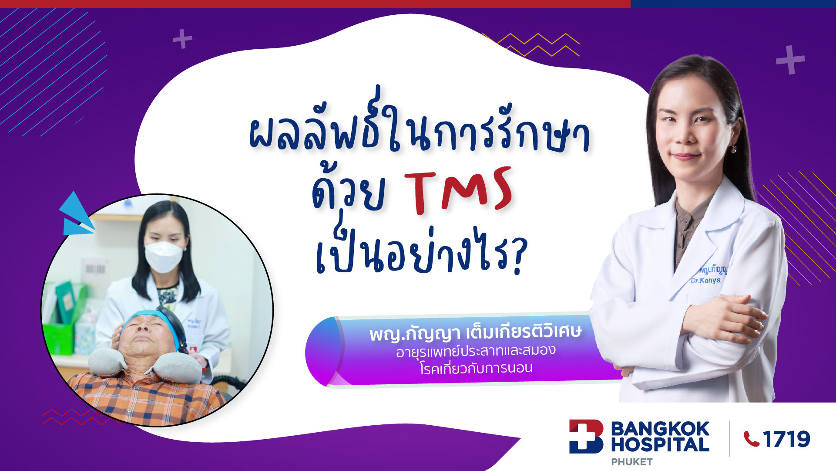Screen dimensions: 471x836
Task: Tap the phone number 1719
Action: (786, 439)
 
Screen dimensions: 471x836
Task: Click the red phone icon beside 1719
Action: (751, 439)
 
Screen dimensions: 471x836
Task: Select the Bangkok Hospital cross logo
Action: (586, 437)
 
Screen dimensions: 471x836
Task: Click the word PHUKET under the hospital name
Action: (631, 462)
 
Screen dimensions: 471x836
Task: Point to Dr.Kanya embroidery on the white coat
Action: (705, 281)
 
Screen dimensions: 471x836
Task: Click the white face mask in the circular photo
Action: (163, 256)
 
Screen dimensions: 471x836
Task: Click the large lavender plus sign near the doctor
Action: (790, 60)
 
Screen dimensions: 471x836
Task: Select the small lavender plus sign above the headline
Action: (182, 39)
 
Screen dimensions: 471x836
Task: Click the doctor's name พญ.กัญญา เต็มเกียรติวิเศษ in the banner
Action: (475, 333)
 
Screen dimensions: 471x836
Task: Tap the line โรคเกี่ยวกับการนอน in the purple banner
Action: (476, 369)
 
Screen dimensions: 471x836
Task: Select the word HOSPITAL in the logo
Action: (660, 445)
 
